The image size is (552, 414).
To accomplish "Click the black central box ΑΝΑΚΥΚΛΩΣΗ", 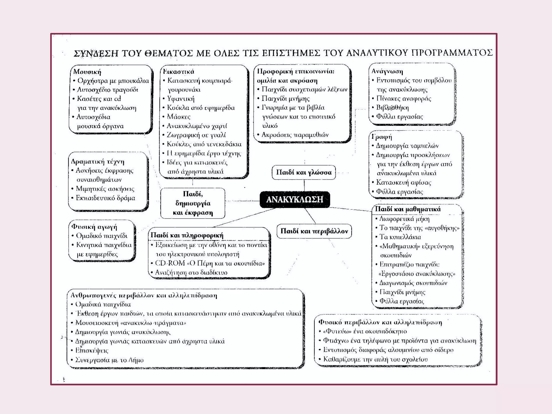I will click(x=295, y=199).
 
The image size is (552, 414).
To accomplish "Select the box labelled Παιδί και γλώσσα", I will click(x=304, y=172).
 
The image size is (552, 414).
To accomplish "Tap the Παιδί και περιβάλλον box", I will click(x=314, y=231).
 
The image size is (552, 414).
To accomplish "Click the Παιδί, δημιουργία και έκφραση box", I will click(x=193, y=203).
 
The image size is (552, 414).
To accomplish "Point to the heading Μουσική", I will click(x=87, y=72).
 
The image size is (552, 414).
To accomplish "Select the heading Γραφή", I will click(x=382, y=137).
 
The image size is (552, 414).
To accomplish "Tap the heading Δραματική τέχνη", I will click(x=98, y=161).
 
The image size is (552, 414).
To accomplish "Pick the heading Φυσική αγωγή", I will click(x=94, y=227).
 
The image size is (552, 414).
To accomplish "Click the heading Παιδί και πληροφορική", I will click(x=187, y=235).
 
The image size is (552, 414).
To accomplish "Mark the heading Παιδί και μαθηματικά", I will click(x=408, y=209).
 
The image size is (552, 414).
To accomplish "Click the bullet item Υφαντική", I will click(x=181, y=99).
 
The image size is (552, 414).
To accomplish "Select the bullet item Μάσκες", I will click(x=178, y=117).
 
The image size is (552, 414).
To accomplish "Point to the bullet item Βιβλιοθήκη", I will click(x=392, y=108).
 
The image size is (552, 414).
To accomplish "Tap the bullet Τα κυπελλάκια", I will click(x=400, y=237).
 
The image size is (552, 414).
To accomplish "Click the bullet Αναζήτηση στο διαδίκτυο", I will click(x=191, y=272).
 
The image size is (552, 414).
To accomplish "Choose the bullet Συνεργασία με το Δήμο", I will click(x=109, y=360).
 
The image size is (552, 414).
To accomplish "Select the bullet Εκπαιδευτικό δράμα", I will click(x=105, y=198).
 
